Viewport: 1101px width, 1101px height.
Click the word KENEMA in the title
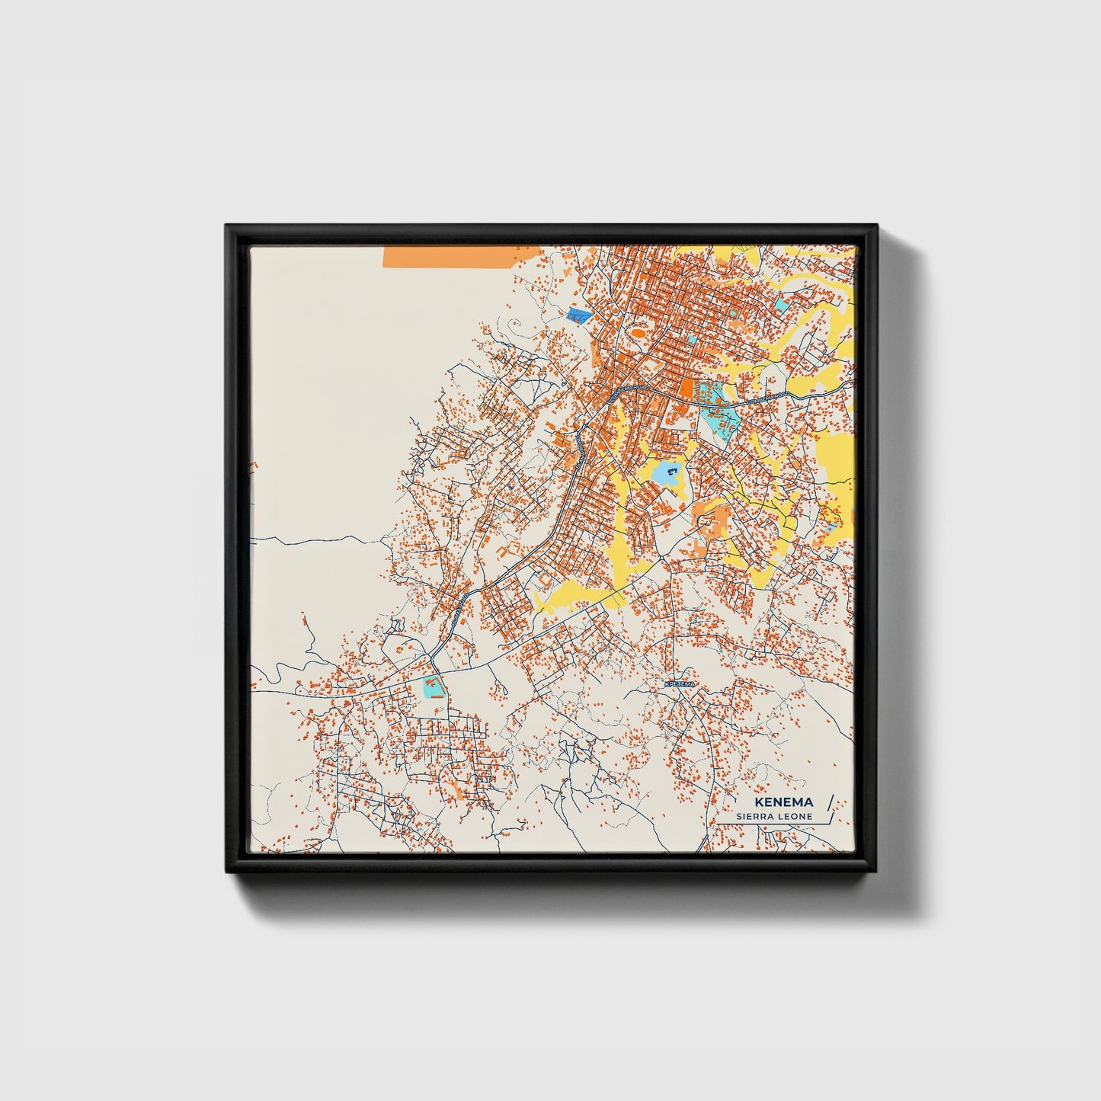click(784, 802)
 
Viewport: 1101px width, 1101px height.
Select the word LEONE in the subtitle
click(797, 816)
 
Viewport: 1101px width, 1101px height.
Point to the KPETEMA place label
click(680, 685)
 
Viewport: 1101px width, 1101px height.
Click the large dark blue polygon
click(580, 315)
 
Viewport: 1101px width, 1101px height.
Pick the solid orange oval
click(637, 332)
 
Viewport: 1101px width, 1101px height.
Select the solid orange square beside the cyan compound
click(687, 389)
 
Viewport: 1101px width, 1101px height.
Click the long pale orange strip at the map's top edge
click(461, 257)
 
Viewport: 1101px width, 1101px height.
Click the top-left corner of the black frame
click(227, 226)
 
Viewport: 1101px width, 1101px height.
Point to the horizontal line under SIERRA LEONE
click(770, 824)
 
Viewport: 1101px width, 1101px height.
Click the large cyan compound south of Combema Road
click(720, 418)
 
